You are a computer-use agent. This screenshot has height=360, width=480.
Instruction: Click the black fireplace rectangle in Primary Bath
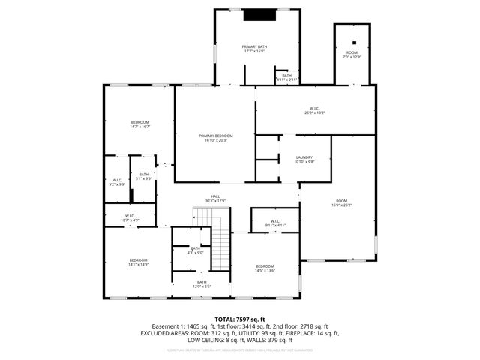[x=259, y=15]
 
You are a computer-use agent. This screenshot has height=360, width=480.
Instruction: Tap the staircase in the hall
[x=219, y=244]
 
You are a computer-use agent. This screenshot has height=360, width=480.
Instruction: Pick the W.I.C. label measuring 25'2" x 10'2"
[x=315, y=110]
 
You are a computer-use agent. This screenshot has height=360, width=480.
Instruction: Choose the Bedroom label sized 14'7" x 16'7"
[x=140, y=124]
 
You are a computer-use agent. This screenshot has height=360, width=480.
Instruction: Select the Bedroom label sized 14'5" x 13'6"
[x=265, y=268]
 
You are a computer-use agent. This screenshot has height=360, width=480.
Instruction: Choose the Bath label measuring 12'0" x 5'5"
[x=202, y=284]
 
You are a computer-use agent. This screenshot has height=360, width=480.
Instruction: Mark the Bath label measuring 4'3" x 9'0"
[x=195, y=250]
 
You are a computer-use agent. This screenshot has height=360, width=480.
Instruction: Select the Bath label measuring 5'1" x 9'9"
[x=143, y=176]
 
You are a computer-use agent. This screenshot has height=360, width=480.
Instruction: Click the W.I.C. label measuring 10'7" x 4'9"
[x=129, y=218]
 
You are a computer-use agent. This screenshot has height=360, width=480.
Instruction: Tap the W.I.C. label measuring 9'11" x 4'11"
[x=274, y=222]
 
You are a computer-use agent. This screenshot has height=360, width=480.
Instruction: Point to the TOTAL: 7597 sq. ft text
[x=239, y=319]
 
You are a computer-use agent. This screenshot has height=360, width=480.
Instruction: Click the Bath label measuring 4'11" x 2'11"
[x=286, y=76]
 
